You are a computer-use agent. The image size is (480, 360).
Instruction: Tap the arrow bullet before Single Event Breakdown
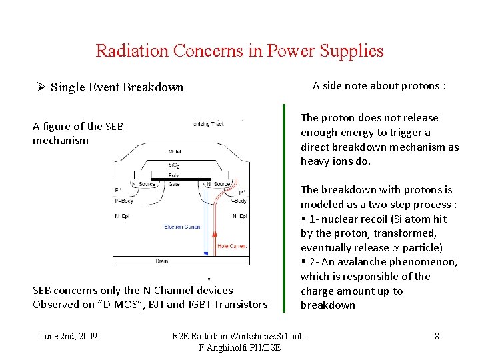point(41,87)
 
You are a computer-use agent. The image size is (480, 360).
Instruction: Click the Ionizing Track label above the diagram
point(208,124)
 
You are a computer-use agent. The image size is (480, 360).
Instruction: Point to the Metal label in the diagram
point(175,152)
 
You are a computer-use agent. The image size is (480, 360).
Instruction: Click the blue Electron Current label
point(183,227)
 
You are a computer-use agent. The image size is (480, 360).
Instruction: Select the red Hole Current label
point(232,246)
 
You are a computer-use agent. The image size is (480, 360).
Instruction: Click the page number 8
point(437,336)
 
